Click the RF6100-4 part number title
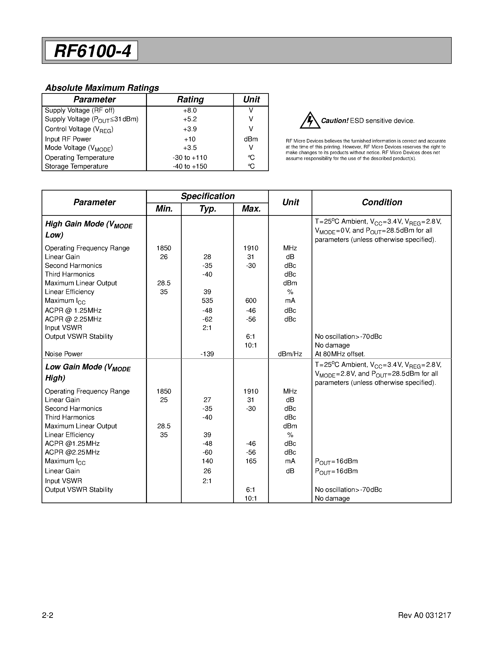pyautogui.click(x=92, y=51)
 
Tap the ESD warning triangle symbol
pyautogui.click(x=310, y=121)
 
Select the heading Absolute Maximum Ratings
pyautogui.click(x=102, y=88)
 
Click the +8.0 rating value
pyautogui.click(x=190, y=110)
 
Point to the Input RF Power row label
pyautogui.click(x=68, y=139)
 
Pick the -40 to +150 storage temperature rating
pyautogui.click(x=190, y=166)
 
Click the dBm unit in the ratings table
pyautogui.click(x=251, y=139)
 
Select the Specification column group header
pyautogui.click(x=208, y=196)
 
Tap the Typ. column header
pyautogui.click(x=207, y=209)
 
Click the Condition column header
pyautogui.click(x=382, y=202)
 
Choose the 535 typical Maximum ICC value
pyautogui.click(x=207, y=301)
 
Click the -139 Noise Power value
pyautogui.click(x=207, y=354)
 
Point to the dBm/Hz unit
pyautogui.click(x=290, y=354)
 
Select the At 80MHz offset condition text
pyautogui.click(x=340, y=354)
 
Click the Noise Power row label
pyautogui.click(x=64, y=354)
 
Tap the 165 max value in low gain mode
pyautogui.click(x=251, y=461)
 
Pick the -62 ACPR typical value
pyautogui.click(x=207, y=319)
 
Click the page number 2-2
pyautogui.click(x=47, y=615)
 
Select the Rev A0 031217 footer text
pyautogui.click(x=424, y=615)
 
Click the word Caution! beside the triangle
pyautogui.click(x=335, y=121)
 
